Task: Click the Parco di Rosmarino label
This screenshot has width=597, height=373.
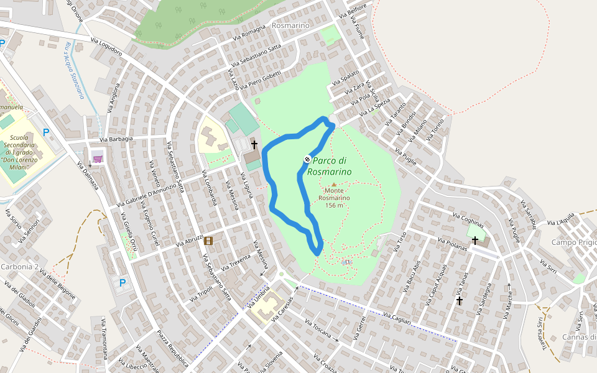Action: pos(330,166)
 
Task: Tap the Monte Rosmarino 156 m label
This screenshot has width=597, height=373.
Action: pos(334,198)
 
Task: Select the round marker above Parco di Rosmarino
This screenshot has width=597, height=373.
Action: pos(307,159)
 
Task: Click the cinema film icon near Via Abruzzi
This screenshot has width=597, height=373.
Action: pos(208,241)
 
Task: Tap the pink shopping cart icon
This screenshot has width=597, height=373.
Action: pos(98,159)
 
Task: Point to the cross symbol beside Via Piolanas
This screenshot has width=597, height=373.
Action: pos(475,240)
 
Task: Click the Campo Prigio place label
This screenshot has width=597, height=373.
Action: pos(573,242)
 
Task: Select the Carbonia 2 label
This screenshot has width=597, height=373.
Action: pos(20,267)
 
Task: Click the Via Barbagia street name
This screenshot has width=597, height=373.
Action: pos(116,139)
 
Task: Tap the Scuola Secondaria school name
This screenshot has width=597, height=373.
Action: pos(25,149)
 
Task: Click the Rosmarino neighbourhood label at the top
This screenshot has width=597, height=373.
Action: pos(290,25)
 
